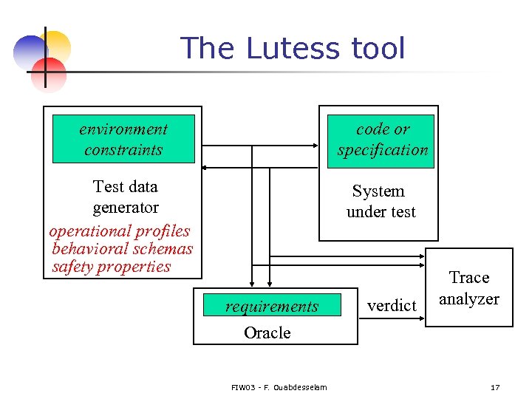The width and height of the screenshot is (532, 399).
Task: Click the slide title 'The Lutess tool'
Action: (293, 49)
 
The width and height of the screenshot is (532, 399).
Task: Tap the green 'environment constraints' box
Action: (123, 139)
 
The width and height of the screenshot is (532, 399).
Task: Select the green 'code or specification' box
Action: (382, 139)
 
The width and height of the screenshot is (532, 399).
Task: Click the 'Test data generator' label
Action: (126, 197)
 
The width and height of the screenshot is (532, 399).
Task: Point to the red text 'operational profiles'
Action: (120, 231)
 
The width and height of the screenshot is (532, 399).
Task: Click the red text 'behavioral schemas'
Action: (123, 249)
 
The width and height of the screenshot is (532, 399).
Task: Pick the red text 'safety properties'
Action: (112, 267)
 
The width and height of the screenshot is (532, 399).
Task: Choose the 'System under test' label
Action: (380, 201)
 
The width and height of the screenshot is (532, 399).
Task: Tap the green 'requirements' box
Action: (272, 306)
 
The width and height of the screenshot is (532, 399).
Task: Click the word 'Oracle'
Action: (267, 332)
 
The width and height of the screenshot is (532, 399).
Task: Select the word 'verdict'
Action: (392, 305)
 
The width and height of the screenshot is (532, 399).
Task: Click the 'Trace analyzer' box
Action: (469, 287)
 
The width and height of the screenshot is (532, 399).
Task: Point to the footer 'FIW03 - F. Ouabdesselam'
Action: (279, 387)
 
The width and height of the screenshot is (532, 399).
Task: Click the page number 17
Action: (495, 387)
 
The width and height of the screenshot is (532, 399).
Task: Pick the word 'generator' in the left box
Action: (126, 208)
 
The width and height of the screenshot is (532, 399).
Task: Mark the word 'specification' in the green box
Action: (383, 149)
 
